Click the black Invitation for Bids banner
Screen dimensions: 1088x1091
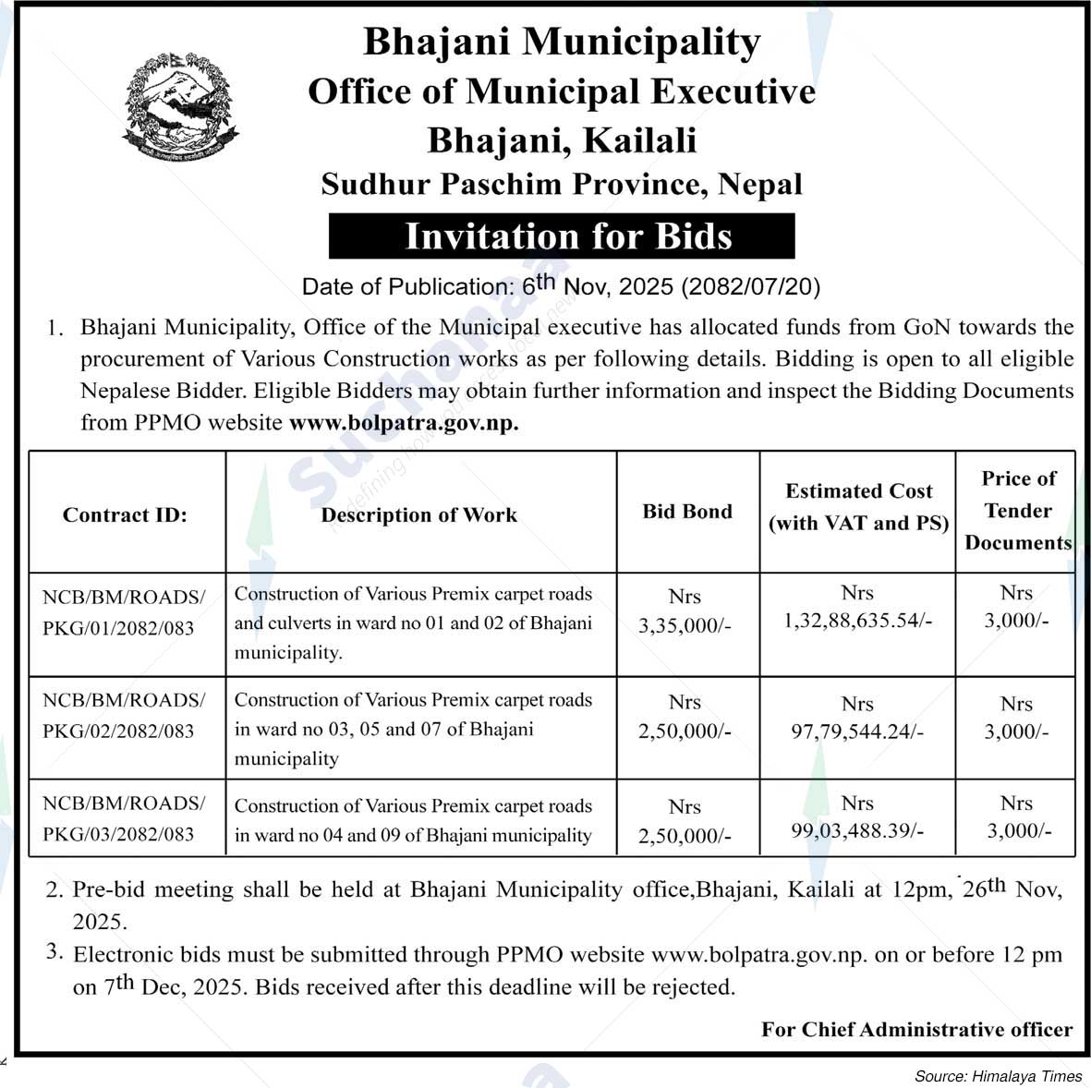562,236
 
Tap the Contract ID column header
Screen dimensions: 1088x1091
125,514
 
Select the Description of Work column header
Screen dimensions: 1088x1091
419,514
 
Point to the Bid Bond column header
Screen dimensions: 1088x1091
687,511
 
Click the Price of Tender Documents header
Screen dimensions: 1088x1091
1017,511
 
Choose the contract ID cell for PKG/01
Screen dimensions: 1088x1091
124,612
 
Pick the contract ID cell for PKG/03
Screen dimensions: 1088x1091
124,818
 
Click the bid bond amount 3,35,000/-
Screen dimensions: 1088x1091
685,625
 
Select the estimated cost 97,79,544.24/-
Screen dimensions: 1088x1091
857,731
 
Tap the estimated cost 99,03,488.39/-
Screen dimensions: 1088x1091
857,830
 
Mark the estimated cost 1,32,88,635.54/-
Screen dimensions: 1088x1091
857,620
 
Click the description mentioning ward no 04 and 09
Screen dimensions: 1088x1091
413,820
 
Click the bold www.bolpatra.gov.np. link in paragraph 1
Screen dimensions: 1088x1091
404,423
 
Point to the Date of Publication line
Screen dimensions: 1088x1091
561,286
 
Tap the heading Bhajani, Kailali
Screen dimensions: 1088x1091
562,140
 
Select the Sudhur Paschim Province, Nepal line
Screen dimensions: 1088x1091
562,184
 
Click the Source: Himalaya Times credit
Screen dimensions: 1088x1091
998,1076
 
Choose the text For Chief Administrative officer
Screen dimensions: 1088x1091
916,1029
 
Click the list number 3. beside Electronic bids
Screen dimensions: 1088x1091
55,950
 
